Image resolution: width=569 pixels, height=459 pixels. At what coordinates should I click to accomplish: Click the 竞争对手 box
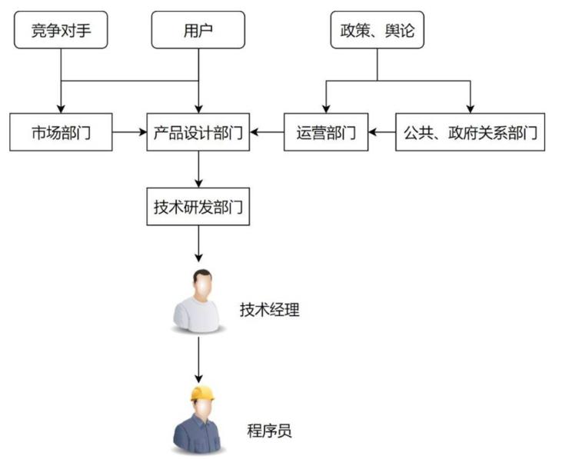[x=61, y=31]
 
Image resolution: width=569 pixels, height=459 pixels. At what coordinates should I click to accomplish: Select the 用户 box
[x=198, y=31]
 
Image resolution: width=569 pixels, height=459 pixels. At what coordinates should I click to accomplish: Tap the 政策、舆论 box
[x=377, y=31]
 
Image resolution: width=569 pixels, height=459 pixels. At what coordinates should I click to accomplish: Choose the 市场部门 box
[x=61, y=132]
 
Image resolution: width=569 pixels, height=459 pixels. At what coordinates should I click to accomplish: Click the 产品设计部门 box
[x=198, y=132]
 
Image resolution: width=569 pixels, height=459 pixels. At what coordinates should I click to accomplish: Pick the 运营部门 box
[x=326, y=132]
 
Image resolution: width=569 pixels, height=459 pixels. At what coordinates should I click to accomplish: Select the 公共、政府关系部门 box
[x=471, y=132]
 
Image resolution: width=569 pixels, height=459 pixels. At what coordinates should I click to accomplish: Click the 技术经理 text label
[x=269, y=310]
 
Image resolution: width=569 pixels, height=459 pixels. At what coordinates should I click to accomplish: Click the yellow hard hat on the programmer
[x=202, y=394]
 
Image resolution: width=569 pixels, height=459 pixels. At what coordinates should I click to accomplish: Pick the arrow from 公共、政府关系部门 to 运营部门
[x=381, y=132]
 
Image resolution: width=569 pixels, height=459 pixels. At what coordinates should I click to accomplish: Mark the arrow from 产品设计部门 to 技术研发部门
[x=199, y=169]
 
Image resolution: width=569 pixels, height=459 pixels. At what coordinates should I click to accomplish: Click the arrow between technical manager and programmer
[x=199, y=359]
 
